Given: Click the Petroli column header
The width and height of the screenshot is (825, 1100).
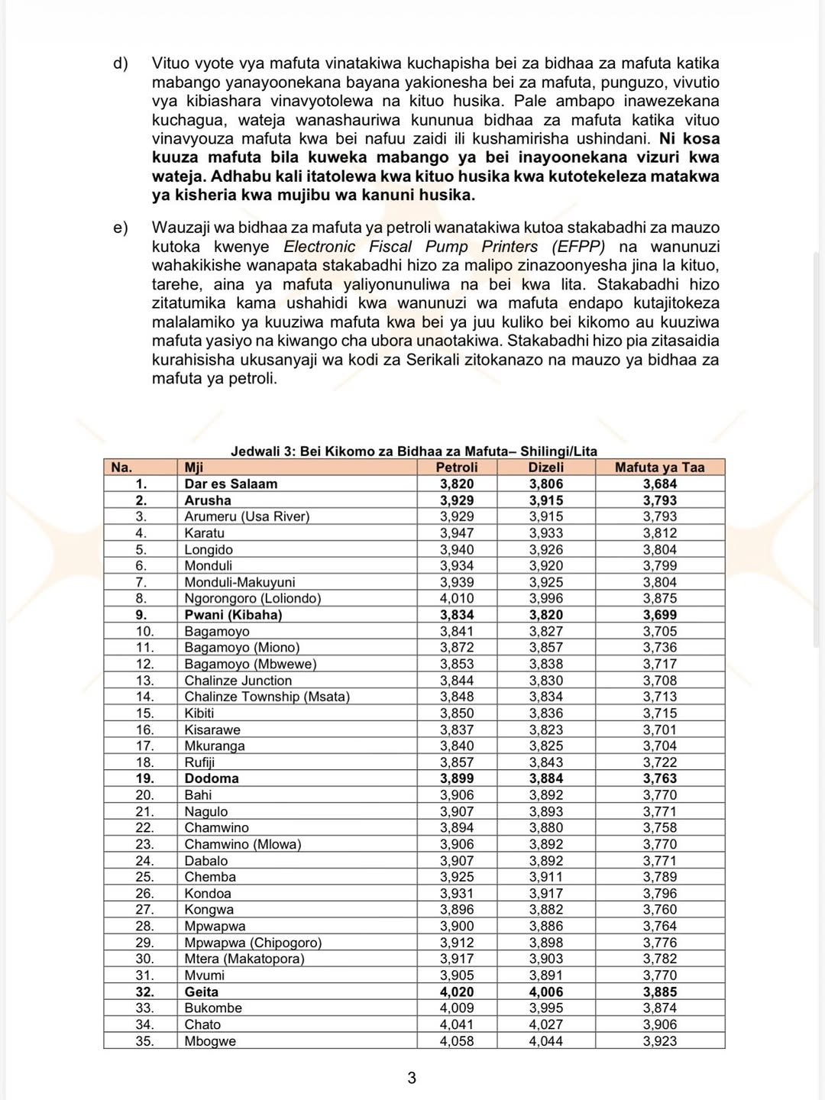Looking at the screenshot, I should tap(457, 467).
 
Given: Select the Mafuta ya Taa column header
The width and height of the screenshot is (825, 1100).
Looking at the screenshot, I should tap(659, 467).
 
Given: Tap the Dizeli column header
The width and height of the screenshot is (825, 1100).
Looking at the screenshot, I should tap(545, 467).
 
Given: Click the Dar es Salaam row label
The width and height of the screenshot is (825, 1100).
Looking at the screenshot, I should tap(231, 484).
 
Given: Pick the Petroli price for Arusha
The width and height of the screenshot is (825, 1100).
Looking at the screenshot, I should tap(457, 500).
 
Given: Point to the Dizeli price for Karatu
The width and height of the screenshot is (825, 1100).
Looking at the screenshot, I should tap(545, 533).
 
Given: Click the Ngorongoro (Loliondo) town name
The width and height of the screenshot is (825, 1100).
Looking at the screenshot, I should tap(252, 599).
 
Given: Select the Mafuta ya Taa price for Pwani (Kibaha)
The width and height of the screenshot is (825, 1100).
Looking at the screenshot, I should tap(659, 615).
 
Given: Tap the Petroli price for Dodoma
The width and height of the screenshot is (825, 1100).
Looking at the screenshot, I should tap(457, 778).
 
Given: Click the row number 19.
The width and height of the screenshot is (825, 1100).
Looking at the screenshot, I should tap(144, 778).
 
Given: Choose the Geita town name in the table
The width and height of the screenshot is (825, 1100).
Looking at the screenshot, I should tap(201, 992).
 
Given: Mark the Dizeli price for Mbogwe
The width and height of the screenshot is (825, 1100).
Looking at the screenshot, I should tap(545, 1041).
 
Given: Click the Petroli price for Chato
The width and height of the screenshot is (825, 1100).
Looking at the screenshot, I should tap(457, 1024).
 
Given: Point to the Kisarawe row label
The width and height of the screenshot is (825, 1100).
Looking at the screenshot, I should tap(212, 730).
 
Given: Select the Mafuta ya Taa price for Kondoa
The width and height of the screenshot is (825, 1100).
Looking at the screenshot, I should tap(659, 893).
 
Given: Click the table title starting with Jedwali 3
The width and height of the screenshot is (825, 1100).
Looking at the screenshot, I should tap(413, 451).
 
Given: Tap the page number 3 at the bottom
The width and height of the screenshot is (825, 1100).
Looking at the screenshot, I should tap(412, 1078).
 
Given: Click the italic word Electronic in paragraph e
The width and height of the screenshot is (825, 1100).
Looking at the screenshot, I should tap(319, 247).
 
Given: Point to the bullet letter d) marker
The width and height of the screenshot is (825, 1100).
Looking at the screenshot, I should tap(121, 63).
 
